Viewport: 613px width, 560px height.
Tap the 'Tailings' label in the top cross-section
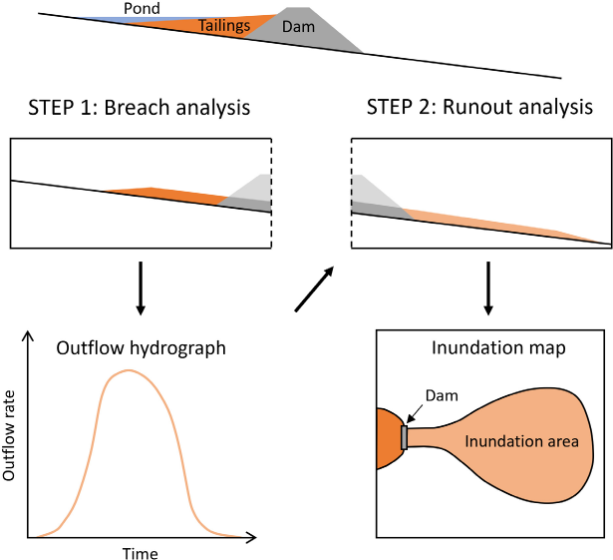224,26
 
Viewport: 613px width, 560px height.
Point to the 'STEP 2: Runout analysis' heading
479,107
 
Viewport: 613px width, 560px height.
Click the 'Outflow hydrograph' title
141,348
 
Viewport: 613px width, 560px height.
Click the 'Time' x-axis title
140,552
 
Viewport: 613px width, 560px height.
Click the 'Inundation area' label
521,438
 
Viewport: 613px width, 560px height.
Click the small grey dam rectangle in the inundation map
404,437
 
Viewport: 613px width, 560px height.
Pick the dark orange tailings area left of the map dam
387,439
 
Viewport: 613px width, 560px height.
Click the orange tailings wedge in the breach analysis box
159,195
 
